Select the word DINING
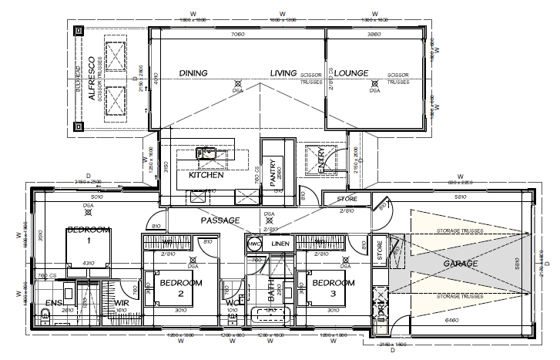[x=195, y=73]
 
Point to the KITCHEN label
[x=206, y=176]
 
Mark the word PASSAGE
[x=222, y=220]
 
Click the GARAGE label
[x=461, y=264]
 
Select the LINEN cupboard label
[x=280, y=244]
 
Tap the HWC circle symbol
[x=254, y=244]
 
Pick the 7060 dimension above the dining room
[x=237, y=35]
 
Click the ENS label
[x=52, y=303]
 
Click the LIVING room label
[x=283, y=73]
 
